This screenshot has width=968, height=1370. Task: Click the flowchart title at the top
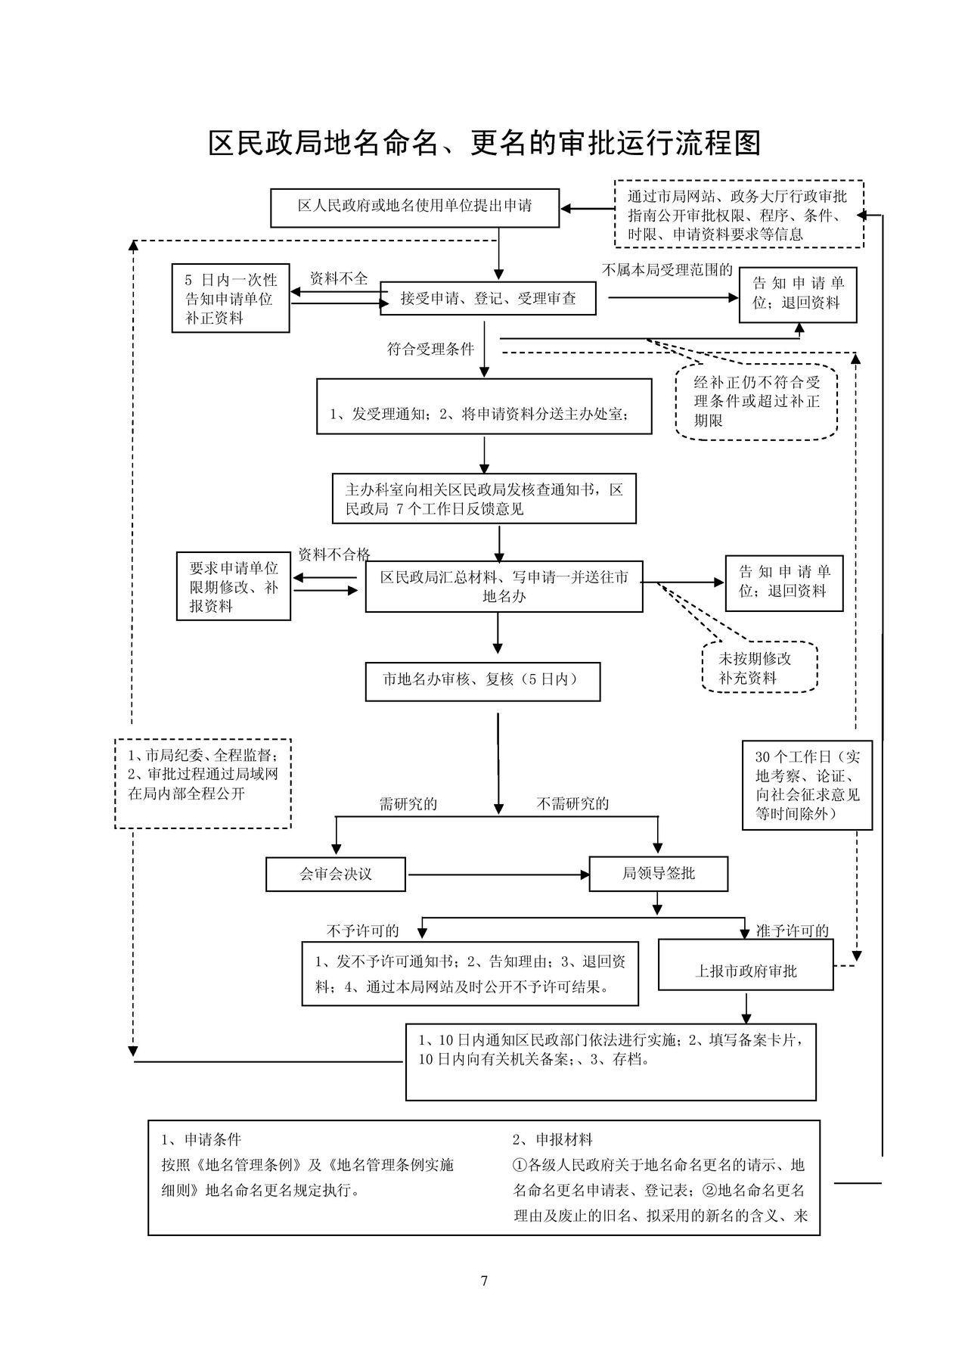pos(484,143)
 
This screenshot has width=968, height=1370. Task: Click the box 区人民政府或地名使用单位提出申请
pos(414,208)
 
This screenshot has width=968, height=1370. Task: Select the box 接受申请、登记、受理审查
pos(488,299)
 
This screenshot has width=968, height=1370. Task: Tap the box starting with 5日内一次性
pos(231,298)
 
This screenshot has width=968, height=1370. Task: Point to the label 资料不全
pos(339,278)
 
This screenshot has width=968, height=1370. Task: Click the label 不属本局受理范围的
pos(667,270)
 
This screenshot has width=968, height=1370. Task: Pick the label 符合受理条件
pos(430,349)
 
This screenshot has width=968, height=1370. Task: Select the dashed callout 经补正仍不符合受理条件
pos(756,402)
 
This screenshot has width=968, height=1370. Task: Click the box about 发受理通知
pos(484,406)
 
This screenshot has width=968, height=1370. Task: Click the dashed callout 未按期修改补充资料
pos(759,667)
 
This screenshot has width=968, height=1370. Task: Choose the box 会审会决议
pos(336,874)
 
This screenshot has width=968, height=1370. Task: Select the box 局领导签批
pos(658,874)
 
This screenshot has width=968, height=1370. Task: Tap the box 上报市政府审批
pos(746,965)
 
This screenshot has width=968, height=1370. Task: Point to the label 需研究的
pos(408,803)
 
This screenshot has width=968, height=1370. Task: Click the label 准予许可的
pos(793,930)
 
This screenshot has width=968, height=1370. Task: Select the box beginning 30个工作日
pos(807,785)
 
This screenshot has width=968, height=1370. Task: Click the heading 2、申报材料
pos(553,1139)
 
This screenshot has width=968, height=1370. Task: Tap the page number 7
pos(484,1281)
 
